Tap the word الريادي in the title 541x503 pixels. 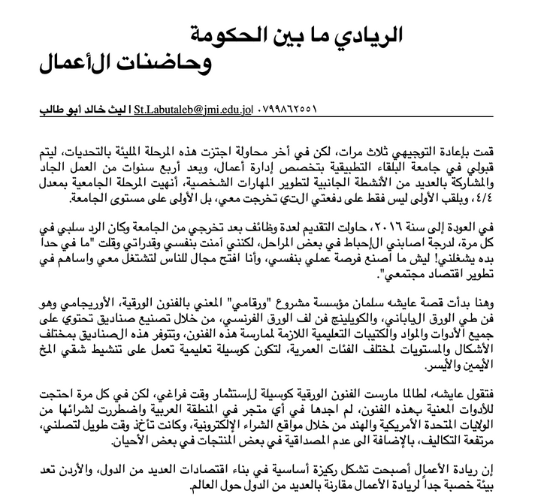368,35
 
